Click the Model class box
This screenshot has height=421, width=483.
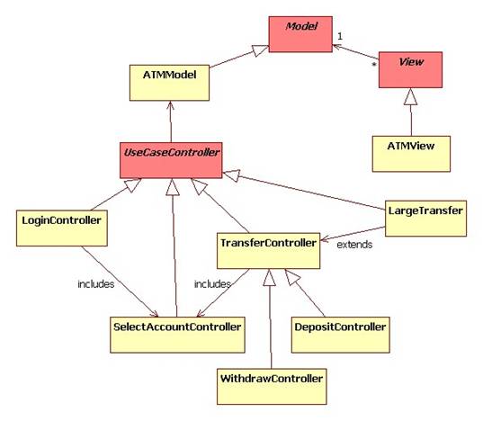[300, 34]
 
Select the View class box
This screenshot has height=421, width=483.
[410, 70]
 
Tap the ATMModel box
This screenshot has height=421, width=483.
[169, 83]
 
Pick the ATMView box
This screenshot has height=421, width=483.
[411, 154]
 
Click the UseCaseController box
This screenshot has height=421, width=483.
[171, 160]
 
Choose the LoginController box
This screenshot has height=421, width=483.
[62, 228]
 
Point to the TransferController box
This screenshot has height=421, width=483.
[269, 251]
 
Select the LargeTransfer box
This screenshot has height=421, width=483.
[425, 219]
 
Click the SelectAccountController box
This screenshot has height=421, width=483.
[177, 335]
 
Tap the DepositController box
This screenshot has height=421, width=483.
[340, 335]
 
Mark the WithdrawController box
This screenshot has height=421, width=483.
[272, 387]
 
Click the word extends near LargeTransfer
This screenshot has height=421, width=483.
[354, 245]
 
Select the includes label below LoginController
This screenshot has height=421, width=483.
[96, 284]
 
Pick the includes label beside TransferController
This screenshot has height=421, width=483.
[212, 284]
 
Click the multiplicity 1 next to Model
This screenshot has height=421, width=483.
[340, 36]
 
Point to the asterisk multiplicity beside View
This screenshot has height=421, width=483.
[374, 65]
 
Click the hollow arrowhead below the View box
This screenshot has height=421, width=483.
[410, 96]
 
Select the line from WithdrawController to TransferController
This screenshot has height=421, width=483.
[271, 318]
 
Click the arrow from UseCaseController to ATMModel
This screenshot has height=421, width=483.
[171, 121]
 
